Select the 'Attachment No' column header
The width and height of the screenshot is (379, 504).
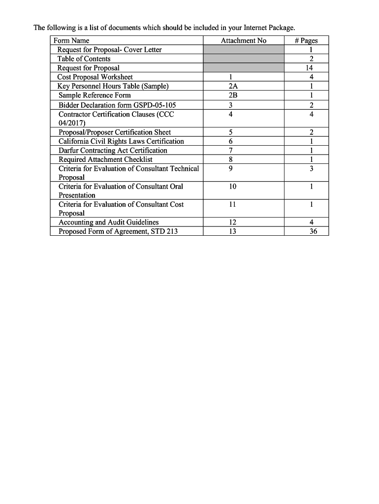[x=243, y=41]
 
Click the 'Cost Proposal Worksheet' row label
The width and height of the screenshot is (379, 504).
[x=95, y=77]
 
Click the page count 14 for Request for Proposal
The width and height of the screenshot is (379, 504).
[x=309, y=68]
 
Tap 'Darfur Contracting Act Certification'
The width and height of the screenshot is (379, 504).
[x=113, y=151]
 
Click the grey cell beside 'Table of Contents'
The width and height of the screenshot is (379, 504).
[x=243, y=59]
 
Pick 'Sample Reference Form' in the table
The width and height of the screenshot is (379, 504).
[x=95, y=95]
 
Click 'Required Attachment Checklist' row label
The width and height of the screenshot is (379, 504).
[x=105, y=159]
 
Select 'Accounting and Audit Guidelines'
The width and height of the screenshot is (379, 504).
[x=108, y=222]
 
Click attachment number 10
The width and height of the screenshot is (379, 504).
[x=232, y=187]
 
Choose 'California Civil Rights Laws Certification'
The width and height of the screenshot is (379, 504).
[x=121, y=142]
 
